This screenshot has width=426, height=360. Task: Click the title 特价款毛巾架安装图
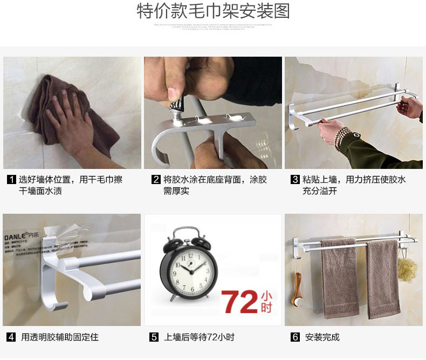tap(213, 11)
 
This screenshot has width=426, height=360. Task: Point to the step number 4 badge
tap(11, 337)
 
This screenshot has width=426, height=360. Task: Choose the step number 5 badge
tap(154, 337)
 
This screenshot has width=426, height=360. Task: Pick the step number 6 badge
tap(295, 337)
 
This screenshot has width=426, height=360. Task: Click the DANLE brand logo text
tap(16, 236)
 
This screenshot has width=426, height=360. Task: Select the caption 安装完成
tap(322, 337)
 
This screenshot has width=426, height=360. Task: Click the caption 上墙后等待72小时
tap(199, 337)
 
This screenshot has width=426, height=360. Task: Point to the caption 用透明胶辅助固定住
tap(60, 337)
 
